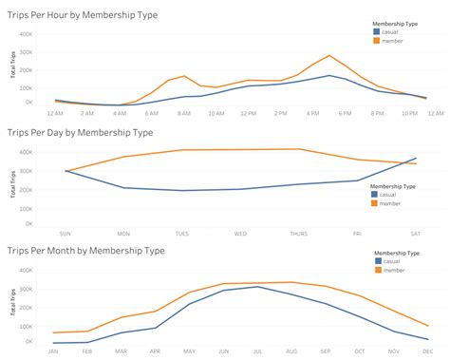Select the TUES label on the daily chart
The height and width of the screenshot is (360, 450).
coord(182,233)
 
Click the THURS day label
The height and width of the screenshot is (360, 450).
coord(299,233)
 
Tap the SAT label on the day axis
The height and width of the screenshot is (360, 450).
coord(416,233)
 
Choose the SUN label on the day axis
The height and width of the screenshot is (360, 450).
coord(66,233)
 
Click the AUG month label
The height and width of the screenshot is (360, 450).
coord(291,351)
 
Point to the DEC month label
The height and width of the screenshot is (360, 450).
coord(426,351)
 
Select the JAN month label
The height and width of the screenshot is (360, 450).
coord(54,351)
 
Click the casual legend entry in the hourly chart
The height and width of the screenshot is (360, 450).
coord(391,33)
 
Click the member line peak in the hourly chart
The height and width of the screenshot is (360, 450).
coord(329,55)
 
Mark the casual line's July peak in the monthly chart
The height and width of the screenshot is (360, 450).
coord(257,286)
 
